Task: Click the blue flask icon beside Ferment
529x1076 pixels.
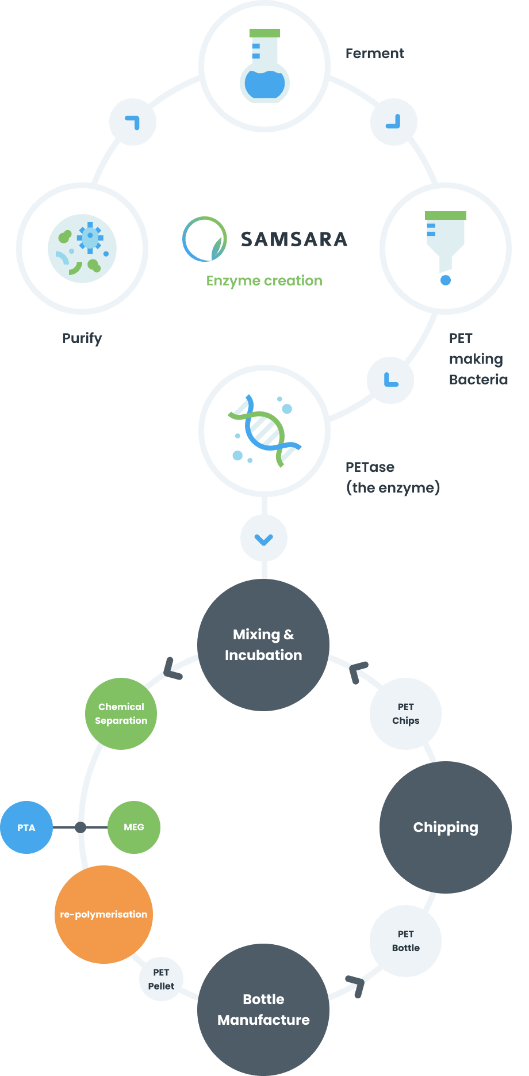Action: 264,66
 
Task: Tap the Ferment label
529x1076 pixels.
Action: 375,54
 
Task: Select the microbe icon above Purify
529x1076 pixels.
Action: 82,249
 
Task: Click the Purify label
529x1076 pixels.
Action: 82,338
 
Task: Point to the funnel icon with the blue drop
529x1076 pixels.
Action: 446,248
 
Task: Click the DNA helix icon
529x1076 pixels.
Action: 264,430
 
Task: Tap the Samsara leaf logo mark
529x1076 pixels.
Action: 205,239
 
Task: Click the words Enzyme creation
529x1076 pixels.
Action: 264,281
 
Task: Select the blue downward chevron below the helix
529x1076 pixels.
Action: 264,539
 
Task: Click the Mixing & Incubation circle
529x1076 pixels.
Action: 263,645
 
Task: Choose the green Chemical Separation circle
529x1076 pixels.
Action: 121,713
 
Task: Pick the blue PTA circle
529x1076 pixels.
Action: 26,827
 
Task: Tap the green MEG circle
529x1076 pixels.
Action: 134,827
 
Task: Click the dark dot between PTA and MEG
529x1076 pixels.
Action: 80,827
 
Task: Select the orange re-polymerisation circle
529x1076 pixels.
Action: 104,914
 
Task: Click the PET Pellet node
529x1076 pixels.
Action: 161,979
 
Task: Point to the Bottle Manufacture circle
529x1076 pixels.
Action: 263,1010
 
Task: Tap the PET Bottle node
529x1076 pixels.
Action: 406,941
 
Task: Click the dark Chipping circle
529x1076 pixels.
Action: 446,827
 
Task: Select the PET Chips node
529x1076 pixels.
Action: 406,713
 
